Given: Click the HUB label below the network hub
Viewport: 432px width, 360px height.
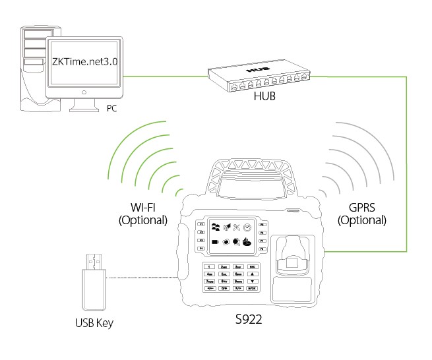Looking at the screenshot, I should [x=264, y=96].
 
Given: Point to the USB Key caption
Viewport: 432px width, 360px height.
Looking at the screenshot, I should [x=94, y=323].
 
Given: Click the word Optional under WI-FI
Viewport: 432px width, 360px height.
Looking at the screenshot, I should [x=143, y=220].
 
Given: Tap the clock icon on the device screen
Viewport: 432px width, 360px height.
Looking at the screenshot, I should [x=245, y=228].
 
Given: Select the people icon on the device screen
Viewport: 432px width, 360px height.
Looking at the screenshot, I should [x=216, y=227].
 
